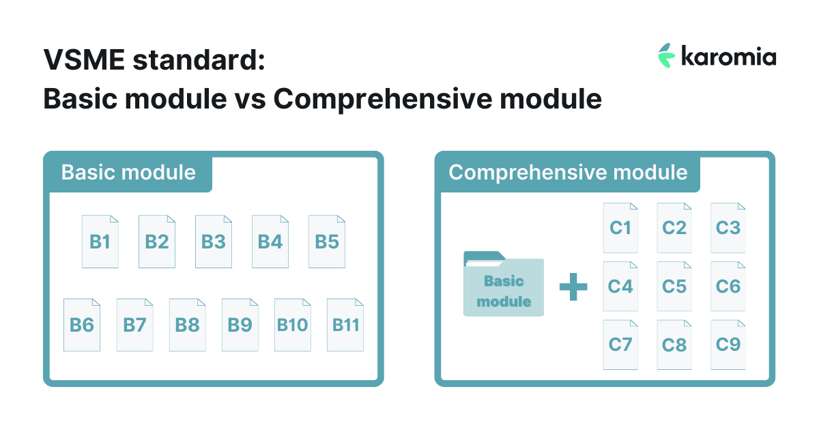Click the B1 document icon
point(100,242)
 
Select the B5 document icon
point(327,242)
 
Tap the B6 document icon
point(82,325)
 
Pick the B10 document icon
point(293,325)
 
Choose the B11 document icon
point(345,325)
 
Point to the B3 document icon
point(214,242)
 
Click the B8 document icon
point(187,325)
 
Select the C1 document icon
point(620,228)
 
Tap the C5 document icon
point(674,286)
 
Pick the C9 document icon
point(728,345)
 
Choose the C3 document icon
point(728,228)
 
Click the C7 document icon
point(620,345)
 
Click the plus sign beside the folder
point(573,287)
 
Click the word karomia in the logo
point(728,57)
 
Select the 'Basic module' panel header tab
point(128,172)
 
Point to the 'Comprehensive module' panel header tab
point(568,172)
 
